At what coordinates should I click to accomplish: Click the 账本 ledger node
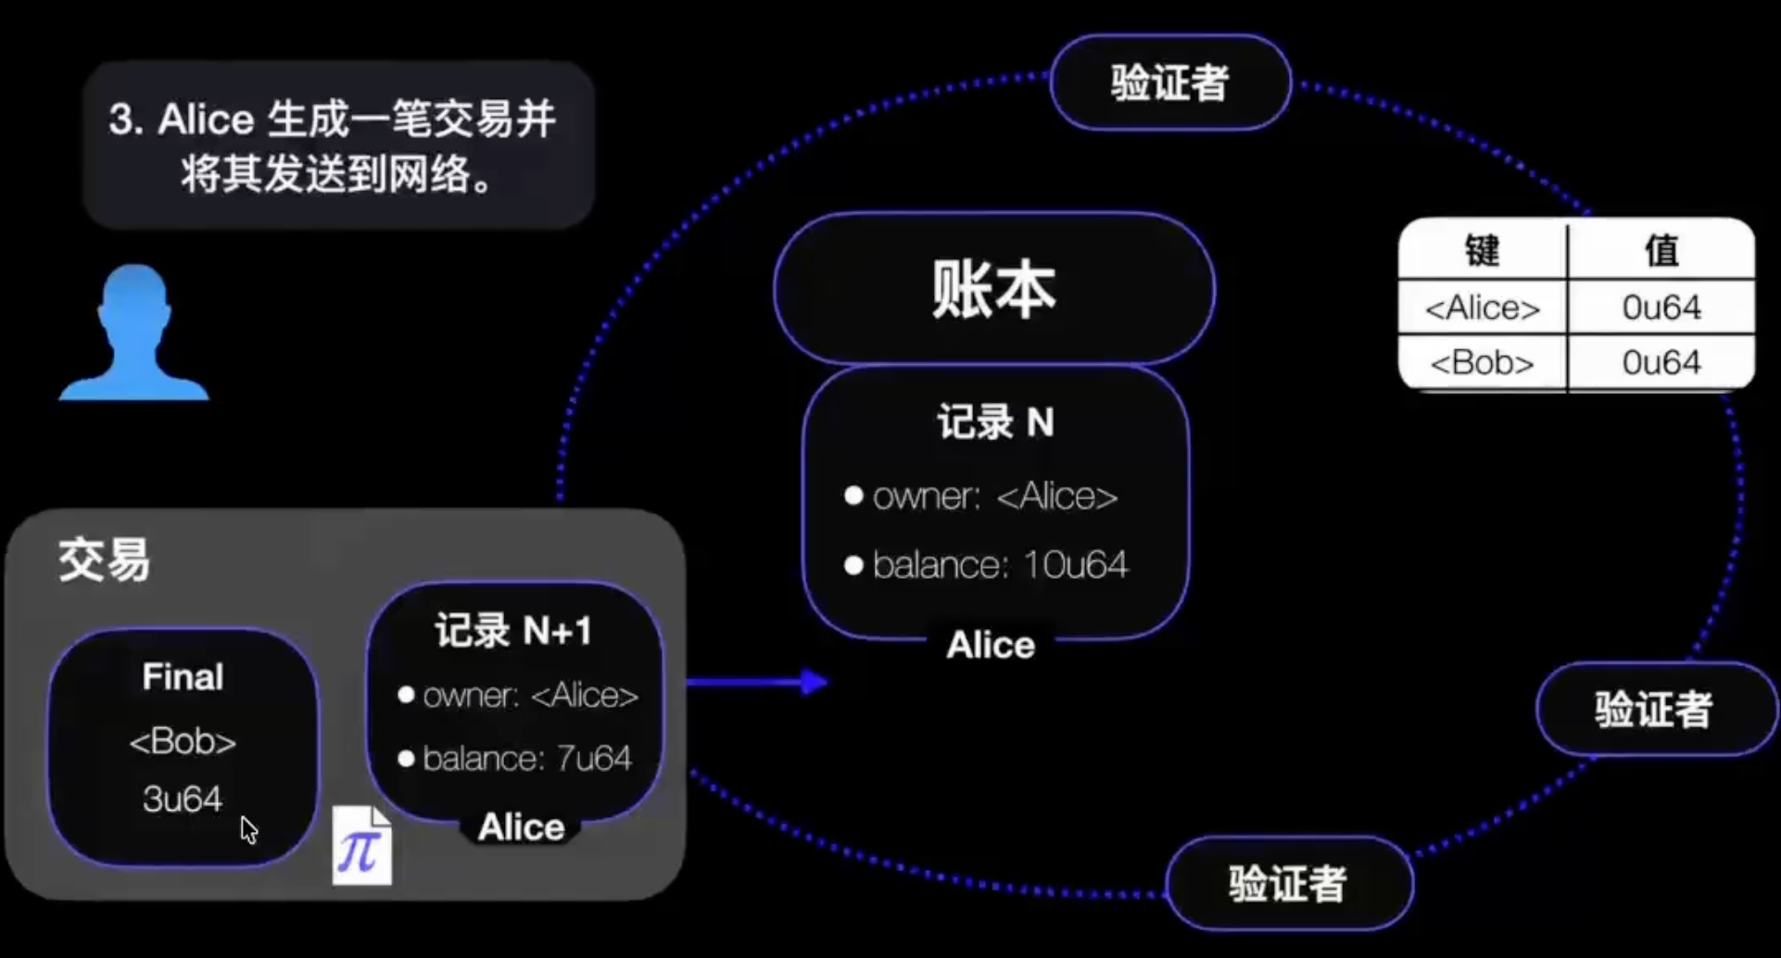(993, 288)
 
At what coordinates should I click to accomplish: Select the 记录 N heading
(995, 422)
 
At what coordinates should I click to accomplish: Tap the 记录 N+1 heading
(513, 631)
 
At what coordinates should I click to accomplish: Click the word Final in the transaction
(183, 677)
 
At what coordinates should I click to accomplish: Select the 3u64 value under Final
(183, 799)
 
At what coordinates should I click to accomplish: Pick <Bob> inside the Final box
(183, 741)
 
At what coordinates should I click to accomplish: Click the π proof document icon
(361, 845)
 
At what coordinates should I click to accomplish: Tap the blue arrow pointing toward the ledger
(757, 683)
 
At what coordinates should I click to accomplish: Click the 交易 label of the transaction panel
(104, 560)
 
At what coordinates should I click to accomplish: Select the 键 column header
(1483, 251)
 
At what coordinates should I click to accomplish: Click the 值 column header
(1661, 251)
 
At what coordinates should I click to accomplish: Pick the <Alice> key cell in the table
(1483, 308)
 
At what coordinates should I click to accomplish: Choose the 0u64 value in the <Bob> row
(1661, 362)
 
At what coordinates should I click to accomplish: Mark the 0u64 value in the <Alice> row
(1661, 308)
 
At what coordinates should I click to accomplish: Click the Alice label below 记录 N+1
(521, 827)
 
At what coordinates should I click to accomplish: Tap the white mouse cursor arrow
(248, 829)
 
